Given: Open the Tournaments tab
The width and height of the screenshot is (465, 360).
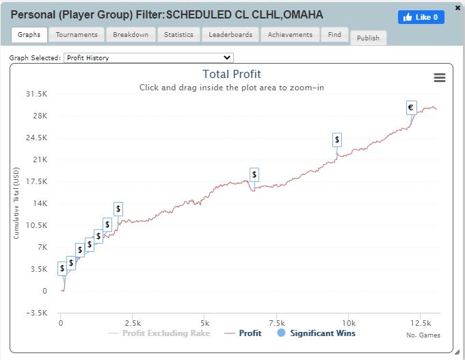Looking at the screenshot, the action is point(77,35).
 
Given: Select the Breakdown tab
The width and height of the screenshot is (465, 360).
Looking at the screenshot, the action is point(131,35).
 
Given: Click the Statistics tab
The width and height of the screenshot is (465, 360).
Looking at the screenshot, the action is point(178,35).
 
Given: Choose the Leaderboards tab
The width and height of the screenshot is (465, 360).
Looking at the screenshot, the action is point(230,35).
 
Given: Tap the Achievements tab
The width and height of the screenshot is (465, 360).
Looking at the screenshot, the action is point(290,35).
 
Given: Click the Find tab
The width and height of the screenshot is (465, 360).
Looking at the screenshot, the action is point(334,35).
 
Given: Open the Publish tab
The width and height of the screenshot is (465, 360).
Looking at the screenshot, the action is point(368,38).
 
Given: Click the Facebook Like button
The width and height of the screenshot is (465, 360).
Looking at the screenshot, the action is point(421,17).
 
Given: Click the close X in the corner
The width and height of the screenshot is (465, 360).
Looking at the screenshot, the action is point(457,8).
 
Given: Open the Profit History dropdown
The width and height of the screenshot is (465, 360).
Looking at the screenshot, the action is point(148,58).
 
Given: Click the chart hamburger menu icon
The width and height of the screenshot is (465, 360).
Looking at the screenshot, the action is point(440,78).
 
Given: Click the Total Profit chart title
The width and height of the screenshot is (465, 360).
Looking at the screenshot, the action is point(232,74).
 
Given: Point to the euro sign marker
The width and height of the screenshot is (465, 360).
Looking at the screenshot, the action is point(412,107).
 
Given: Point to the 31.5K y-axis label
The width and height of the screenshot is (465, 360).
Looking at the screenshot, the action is point(36,94).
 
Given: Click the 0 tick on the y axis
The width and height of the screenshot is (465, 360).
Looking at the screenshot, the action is point(44,291).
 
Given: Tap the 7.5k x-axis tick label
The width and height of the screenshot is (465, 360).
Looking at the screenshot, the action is point(276,323).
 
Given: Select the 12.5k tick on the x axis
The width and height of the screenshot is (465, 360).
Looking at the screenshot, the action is point(421,323).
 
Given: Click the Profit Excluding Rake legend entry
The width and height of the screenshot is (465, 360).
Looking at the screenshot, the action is point(159,333).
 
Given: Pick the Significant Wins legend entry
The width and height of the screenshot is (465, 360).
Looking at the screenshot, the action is point(316,333).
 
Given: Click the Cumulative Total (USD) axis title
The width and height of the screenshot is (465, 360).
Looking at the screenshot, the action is point(16,203).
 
